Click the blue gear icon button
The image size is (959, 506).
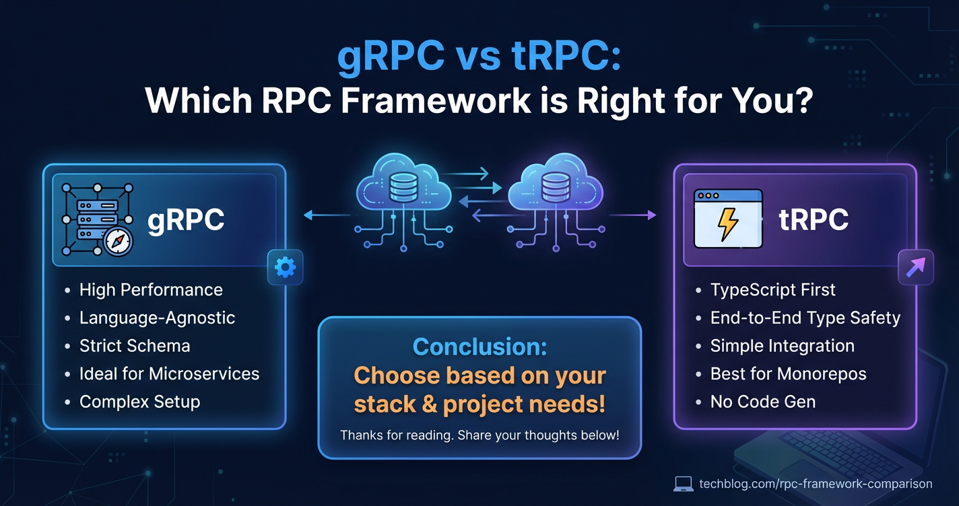[285, 267]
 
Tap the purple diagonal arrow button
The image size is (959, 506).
[915, 267]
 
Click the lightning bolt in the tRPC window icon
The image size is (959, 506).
[728, 223]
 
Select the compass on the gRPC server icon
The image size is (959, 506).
[118, 242]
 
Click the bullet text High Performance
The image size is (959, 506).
[151, 290]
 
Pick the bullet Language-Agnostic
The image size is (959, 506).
[157, 318]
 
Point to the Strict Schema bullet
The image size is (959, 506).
[135, 346]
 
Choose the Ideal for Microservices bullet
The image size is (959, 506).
[170, 374]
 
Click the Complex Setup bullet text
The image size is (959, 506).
[140, 402]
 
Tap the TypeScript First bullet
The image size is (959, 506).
[772, 290]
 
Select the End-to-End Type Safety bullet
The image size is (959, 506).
[805, 318]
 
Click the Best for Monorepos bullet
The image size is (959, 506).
[788, 374]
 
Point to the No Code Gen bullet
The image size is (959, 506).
[763, 402]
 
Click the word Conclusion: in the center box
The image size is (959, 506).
[480, 347]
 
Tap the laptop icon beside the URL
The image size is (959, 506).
[684, 484]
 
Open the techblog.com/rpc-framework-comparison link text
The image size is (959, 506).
[816, 484]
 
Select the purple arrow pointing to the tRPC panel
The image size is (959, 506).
[633, 215]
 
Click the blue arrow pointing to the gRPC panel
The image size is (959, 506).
[327, 215]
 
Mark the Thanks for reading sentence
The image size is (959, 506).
[479, 435]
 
